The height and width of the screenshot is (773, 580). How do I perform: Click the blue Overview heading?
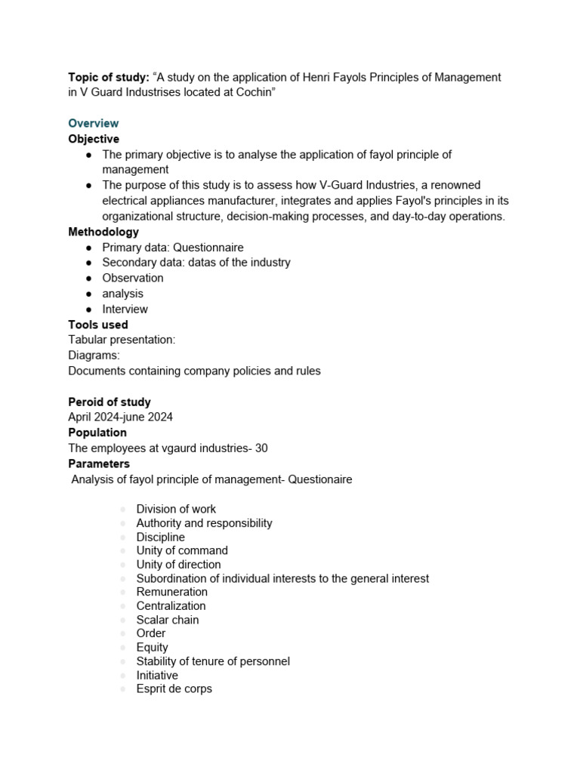click(94, 123)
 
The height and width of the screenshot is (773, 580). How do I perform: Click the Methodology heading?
click(103, 232)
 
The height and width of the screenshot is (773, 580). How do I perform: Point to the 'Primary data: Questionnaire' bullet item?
click(173, 247)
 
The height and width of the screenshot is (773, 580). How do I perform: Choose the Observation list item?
click(133, 278)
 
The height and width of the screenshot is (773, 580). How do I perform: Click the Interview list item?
click(125, 309)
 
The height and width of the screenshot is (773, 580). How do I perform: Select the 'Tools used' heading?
click(98, 325)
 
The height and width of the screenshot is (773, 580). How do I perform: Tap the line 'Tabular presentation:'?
click(122, 340)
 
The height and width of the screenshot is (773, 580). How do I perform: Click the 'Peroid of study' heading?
click(110, 402)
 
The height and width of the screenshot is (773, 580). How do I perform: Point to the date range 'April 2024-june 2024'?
click(122, 417)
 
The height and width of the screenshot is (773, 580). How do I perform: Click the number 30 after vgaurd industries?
click(261, 448)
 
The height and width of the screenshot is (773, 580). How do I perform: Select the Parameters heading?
click(99, 463)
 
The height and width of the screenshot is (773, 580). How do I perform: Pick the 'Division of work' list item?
click(176, 510)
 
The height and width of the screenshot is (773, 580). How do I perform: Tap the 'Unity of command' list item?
click(182, 551)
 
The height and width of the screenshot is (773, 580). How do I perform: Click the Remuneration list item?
click(171, 593)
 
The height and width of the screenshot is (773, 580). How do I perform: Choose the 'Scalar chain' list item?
click(168, 620)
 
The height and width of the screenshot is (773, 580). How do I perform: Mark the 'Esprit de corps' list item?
click(174, 689)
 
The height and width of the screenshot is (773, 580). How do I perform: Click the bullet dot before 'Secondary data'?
click(88, 263)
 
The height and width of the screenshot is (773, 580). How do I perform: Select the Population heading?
click(97, 433)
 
